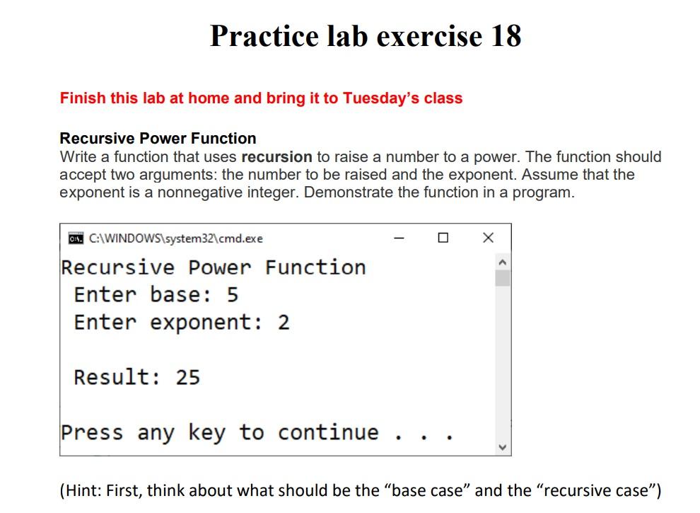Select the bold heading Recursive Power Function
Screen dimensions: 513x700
tap(158, 138)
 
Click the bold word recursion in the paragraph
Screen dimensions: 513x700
tap(276, 156)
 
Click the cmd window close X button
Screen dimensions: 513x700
tap(488, 238)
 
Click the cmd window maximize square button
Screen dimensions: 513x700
tap(443, 238)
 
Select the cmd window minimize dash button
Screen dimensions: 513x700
tap(399, 238)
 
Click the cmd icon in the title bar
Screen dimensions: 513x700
tap(74, 238)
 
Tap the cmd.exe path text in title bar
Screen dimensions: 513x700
tap(176, 238)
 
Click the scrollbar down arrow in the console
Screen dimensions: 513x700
tap(502, 447)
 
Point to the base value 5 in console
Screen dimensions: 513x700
tap(233, 294)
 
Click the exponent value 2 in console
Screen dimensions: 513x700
tap(284, 323)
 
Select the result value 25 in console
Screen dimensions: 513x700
tap(188, 377)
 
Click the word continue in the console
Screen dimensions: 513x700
tap(328, 432)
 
